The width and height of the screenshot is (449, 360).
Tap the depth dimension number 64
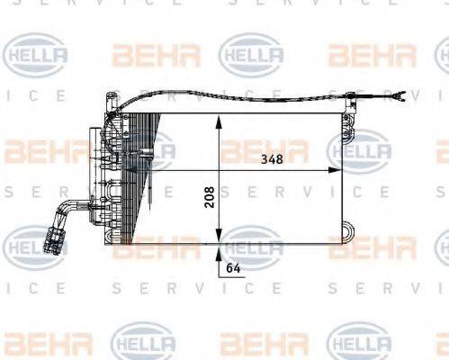233,267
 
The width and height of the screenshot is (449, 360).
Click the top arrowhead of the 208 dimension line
219,120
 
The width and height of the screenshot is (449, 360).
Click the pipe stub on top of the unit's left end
111,102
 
